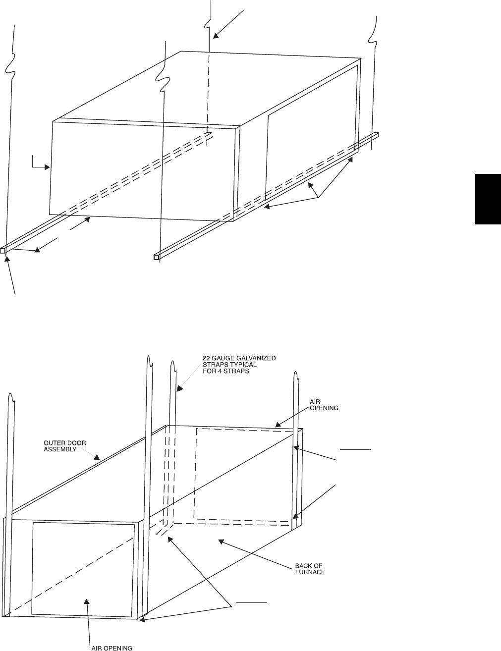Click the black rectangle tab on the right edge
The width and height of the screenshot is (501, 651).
[x=488, y=199]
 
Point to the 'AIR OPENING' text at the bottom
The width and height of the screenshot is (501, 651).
[x=111, y=648]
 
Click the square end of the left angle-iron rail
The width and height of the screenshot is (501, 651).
[x=3, y=250]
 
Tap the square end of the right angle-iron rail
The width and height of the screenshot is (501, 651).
[x=157, y=257]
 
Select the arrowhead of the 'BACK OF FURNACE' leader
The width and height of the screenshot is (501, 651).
[x=221, y=542]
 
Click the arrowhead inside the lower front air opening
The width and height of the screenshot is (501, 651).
[x=87, y=601]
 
